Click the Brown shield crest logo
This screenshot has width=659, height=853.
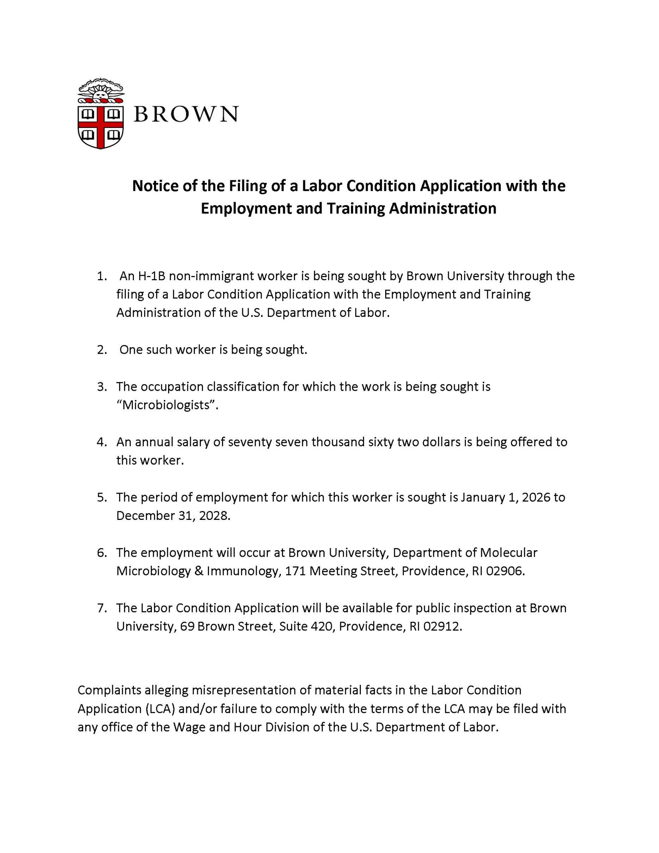coord(101,114)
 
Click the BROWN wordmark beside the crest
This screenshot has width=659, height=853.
coord(186,114)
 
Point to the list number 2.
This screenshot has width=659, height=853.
coord(102,350)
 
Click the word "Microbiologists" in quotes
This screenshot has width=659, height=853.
coord(167,405)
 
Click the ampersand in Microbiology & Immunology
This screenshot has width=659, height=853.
coord(199,571)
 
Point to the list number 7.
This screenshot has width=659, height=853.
coord(102,608)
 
